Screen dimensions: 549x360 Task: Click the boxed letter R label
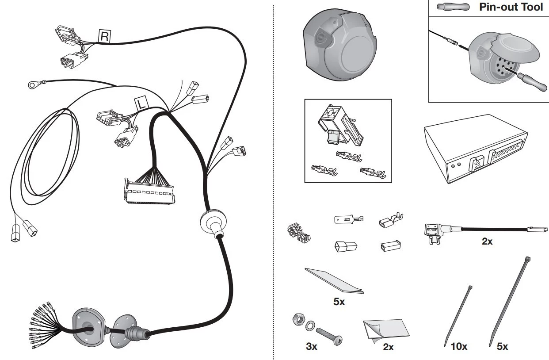coord(105,36)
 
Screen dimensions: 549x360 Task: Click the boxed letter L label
coord(141,104)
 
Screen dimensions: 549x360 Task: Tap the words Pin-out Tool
coord(511,7)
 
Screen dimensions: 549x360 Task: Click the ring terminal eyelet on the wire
coord(32,85)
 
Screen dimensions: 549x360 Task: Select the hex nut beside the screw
coord(299,320)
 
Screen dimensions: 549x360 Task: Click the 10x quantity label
coord(459,347)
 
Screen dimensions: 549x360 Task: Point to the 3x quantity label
coord(312,347)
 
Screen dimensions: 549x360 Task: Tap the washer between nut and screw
coord(310,326)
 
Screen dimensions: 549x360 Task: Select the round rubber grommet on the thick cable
coord(213,223)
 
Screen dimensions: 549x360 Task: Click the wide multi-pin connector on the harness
coord(149,191)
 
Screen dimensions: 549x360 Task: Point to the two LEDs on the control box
coord(456,165)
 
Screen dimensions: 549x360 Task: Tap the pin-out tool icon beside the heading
coord(454,7)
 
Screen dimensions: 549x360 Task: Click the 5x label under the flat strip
coord(339,302)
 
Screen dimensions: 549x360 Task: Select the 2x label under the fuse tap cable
coord(487,241)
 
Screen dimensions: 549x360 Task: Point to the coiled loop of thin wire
coord(45,157)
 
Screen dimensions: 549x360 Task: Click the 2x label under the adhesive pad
coord(388,347)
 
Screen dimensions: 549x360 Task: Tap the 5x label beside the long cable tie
coord(503,347)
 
